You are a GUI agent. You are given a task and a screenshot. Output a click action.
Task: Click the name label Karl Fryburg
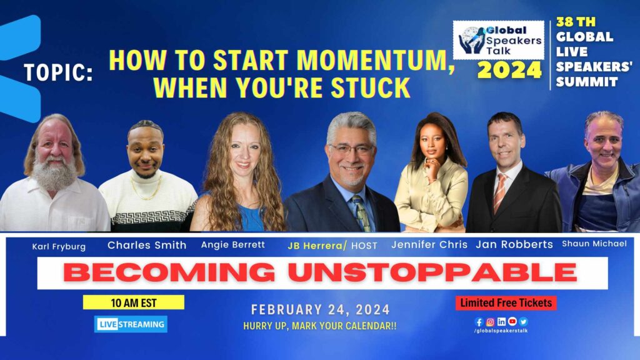59,246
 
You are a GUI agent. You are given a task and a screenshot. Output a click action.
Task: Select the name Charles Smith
147,245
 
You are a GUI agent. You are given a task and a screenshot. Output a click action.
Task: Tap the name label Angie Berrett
233,244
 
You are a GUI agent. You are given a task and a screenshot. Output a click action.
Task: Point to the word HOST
364,246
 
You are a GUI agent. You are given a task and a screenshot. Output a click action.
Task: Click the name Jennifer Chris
429,244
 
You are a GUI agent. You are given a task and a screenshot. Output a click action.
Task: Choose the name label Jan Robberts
514,244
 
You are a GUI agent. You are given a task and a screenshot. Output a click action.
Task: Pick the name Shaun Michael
594,244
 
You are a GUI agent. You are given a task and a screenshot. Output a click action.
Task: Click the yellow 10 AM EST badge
134,302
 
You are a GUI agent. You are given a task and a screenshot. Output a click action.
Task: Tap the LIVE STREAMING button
131,324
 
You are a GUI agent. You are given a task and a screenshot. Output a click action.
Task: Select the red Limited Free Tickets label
506,303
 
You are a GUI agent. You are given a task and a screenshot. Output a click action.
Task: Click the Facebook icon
479,322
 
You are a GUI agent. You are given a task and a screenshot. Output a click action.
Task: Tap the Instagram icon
490,322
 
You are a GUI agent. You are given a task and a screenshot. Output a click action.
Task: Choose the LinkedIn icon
501,322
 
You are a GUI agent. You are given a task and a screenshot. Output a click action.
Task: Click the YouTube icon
512,322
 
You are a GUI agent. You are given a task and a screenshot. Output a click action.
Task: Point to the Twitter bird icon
524,322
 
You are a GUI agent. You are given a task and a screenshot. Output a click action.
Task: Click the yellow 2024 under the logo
509,70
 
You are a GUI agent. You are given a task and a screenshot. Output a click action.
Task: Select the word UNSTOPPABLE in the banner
432,272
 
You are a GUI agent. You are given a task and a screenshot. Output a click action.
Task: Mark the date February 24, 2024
321,310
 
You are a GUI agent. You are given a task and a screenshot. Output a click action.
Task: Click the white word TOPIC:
58,72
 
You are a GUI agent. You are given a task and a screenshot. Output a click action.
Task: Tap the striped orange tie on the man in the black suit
499,192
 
